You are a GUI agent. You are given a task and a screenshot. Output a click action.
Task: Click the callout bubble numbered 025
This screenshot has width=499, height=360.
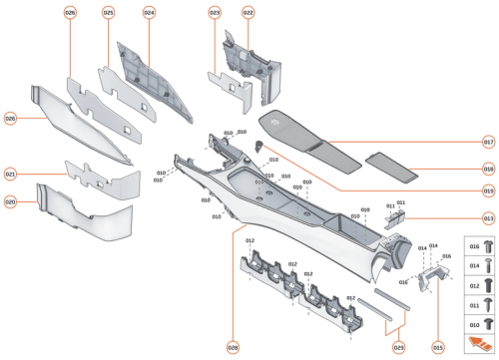109,13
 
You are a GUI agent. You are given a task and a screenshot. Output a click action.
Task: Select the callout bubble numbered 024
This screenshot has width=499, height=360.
149,13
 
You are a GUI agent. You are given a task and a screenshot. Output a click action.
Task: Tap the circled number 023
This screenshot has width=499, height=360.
215,13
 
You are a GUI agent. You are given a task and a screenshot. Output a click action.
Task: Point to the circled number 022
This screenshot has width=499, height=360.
248,13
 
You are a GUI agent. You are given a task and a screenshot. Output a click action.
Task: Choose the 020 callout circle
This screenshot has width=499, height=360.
12,200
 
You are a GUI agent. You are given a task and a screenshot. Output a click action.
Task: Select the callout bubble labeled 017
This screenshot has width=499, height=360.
488,142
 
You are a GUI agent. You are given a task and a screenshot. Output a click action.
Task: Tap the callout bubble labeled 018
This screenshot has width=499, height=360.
488,170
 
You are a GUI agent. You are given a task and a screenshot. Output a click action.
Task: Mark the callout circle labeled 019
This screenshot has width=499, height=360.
488,189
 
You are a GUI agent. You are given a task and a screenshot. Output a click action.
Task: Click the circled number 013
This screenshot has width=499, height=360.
488,217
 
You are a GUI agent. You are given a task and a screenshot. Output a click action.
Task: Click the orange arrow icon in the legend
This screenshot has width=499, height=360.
479,344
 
